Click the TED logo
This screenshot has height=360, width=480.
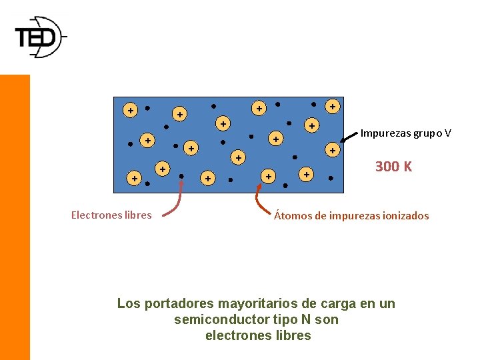click(x=39, y=37)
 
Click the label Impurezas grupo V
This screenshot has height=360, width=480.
click(x=405, y=133)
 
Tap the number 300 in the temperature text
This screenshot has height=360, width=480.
click(x=387, y=167)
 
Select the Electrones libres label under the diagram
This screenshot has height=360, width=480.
click(x=111, y=215)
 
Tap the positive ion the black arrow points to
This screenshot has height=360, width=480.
click(x=332, y=151)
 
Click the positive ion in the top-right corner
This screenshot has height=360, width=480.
click(x=332, y=106)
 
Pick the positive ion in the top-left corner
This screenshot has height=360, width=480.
click(x=130, y=110)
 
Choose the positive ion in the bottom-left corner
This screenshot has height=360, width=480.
click(x=134, y=179)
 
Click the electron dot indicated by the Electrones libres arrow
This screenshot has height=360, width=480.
click(x=181, y=177)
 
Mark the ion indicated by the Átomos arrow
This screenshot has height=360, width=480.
click(x=268, y=176)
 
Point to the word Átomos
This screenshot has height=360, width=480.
click(x=291, y=216)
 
